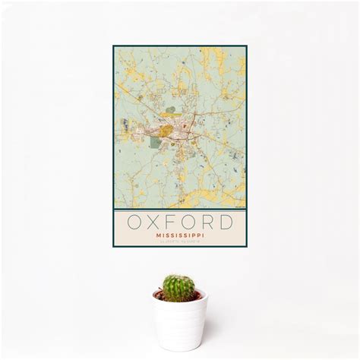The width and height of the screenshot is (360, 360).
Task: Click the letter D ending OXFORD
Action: tap(227, 223)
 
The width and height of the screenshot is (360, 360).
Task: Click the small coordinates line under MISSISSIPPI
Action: tap(180, 242)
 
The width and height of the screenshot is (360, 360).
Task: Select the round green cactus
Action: tap(178, 288)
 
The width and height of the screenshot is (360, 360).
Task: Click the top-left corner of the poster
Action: tap(113, 46)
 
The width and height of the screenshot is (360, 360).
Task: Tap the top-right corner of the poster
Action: tap(247, 46)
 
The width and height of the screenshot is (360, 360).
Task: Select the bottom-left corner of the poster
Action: tap(113, 248)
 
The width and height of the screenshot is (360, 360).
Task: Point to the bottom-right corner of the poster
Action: tap(247, 248)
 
